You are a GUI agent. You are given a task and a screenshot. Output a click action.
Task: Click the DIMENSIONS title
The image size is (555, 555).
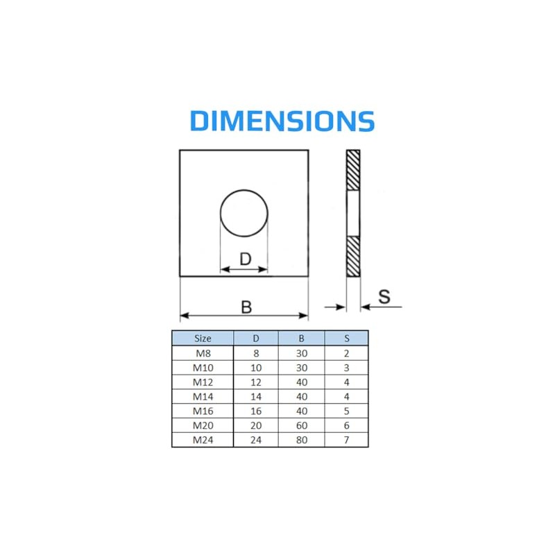click(282, 121)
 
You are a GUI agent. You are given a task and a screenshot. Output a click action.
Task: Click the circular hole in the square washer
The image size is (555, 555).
click(244, 212)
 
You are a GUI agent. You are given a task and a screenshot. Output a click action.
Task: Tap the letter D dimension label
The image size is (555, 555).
click(245, 259)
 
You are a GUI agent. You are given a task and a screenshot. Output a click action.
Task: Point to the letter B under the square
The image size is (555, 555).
click(246, 306)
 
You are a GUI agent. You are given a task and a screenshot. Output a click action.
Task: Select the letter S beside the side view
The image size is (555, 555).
click(384, 296)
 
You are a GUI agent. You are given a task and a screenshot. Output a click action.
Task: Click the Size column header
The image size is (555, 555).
click(203, 339)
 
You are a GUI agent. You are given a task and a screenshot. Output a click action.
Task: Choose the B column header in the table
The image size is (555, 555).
click(301, 339)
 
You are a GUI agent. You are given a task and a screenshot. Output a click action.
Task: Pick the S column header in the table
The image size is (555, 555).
click(346, 339)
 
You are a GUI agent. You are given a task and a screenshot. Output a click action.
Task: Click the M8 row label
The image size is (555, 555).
click(203, 353)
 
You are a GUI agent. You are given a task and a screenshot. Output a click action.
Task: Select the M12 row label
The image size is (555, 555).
click(203, 382)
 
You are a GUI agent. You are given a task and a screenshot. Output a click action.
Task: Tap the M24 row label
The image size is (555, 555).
click(203, 439)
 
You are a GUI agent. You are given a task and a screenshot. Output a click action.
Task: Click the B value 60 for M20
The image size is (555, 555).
click(301, 425)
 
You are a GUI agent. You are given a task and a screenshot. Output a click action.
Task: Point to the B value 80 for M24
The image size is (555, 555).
click(301, 439)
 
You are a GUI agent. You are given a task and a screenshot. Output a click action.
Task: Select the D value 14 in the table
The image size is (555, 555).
click(255, 396)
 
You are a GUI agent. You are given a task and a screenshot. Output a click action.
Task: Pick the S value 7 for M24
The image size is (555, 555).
click(346, 439)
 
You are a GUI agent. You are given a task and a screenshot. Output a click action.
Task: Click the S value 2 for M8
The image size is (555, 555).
click(346, 353)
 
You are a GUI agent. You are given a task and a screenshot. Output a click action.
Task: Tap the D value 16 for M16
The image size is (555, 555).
click(255, 411)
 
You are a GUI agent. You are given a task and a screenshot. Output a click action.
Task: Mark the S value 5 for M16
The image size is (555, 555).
click(346, 411)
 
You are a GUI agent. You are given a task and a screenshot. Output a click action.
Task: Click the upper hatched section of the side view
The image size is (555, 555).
click(353, 170)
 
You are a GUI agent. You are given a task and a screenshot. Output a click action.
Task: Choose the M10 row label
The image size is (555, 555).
click(203, 368)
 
